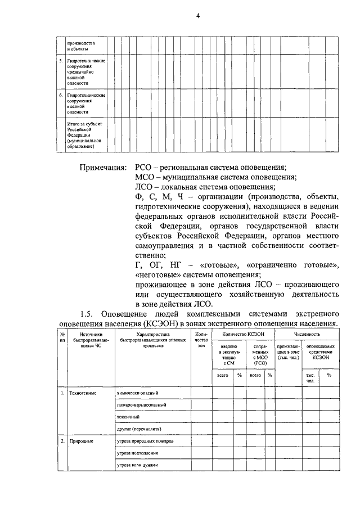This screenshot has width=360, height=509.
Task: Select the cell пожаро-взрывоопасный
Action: pyautogui.click(x=141, y=405)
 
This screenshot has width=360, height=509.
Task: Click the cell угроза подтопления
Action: pyautogui.click(x=137, y=453)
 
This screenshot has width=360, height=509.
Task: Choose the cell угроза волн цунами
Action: pyautogui.click(x=138, y=466)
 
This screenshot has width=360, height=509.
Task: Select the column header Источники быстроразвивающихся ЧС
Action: pyautogui.click(x=87, y=341)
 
